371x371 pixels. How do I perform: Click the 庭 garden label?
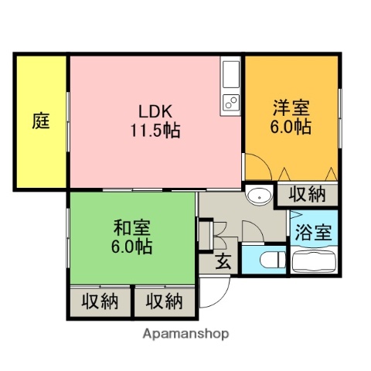point(42,121)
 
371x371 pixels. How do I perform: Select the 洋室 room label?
point(291,107)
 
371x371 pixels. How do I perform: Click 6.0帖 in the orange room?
point(291,127)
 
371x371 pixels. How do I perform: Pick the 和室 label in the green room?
point(131,228)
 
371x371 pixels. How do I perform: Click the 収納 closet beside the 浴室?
point(307,195)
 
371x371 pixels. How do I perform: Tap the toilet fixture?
point(266,260)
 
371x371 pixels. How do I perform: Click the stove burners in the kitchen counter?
point(231,100)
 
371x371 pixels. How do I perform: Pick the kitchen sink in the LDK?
point(231,74)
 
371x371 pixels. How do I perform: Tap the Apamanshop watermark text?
point(185,334)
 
